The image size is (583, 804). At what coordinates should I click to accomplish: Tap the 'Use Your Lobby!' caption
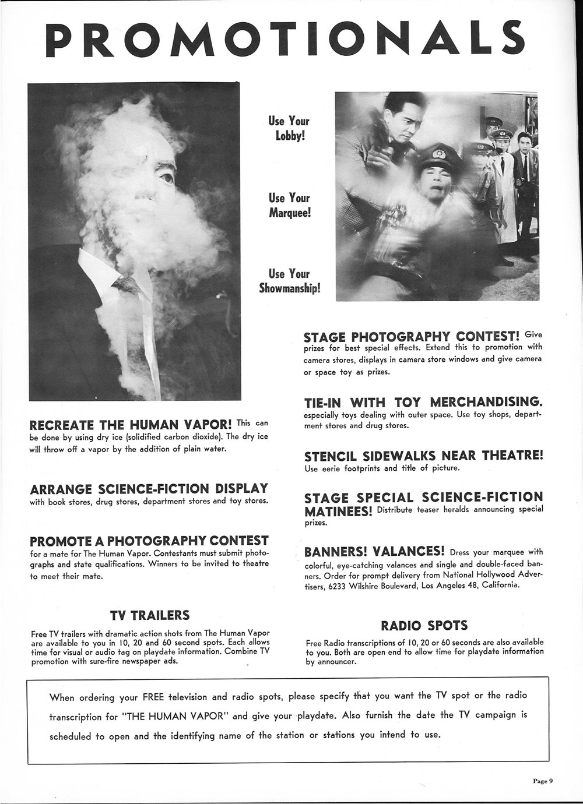(289, 128)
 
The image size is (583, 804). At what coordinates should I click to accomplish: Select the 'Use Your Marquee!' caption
(289, 205)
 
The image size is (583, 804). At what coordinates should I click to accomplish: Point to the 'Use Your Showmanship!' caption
(289, 281)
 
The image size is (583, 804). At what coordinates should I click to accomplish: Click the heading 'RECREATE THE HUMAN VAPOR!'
(131, 424)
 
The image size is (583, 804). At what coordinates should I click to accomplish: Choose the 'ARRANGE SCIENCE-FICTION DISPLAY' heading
(149, 488)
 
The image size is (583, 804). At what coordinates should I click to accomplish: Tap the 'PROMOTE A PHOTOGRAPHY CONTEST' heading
(149, 541)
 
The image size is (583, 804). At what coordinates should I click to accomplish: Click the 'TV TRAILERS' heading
(150, 615)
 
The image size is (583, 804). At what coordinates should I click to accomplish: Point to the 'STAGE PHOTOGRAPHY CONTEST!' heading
(412, 337)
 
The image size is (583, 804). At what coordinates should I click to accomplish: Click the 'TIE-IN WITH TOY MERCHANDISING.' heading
(423, 403)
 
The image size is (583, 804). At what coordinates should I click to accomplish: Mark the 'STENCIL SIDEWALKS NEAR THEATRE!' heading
(423, 456)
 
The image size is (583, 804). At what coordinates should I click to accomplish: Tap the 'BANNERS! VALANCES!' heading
(375, 551)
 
